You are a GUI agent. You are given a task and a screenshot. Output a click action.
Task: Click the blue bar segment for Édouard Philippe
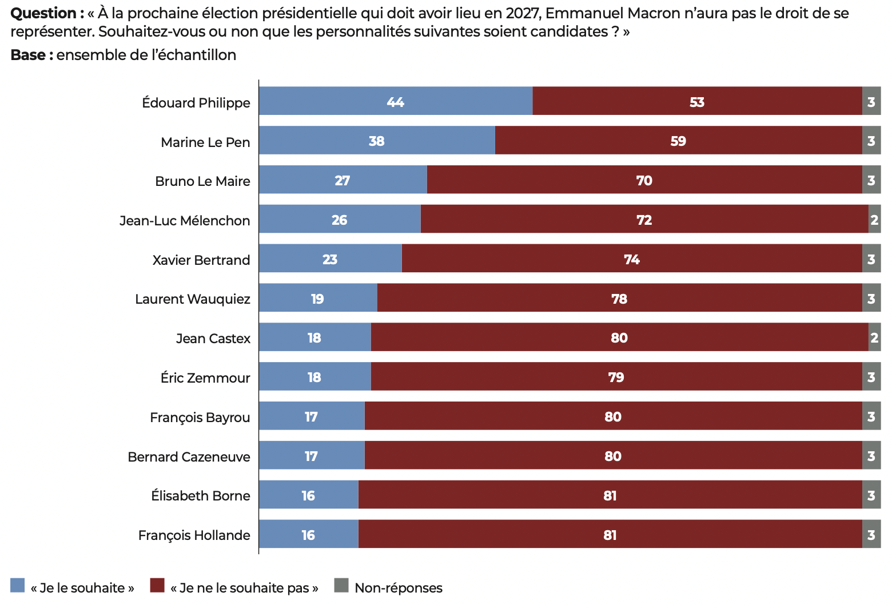pyautogui.click(x=343, y=101)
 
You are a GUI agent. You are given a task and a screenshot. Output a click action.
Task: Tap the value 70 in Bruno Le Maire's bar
pyautogui.click(x=644, y=181)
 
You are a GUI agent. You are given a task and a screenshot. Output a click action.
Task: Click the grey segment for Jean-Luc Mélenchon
pyautogui.click(x=874, y=220)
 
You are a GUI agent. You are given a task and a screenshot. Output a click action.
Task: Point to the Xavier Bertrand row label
pyautogui.click(x=201, y=260)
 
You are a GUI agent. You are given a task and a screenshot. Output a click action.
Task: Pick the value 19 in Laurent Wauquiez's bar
pyautogui.click(x=317, y=299)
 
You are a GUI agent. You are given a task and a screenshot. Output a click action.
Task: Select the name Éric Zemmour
pyautogui.click(x=205, y=378)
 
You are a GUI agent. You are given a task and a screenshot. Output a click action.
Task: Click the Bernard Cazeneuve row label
pyautogui.click(x=189, y=457)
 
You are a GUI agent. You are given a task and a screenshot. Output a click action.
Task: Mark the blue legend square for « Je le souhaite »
pyautogui.click(x=18, y=586)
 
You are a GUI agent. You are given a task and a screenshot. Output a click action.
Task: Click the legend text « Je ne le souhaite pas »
pyautogui.click(x=244, y=588)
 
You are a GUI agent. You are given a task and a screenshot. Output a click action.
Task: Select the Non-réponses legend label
pyautogui.click(x=399, y=588)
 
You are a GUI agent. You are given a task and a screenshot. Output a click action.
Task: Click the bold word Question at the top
pyautogui.click(x=43, y=13)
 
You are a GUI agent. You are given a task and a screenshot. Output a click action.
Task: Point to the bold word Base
pyautogui.click(x=28, y=55)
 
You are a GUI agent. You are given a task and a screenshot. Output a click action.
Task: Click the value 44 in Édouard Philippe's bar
pyautogui.click(x=395, y=102)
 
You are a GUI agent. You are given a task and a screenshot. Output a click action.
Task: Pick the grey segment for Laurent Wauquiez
pyautogui.click(x=871, y=299)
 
